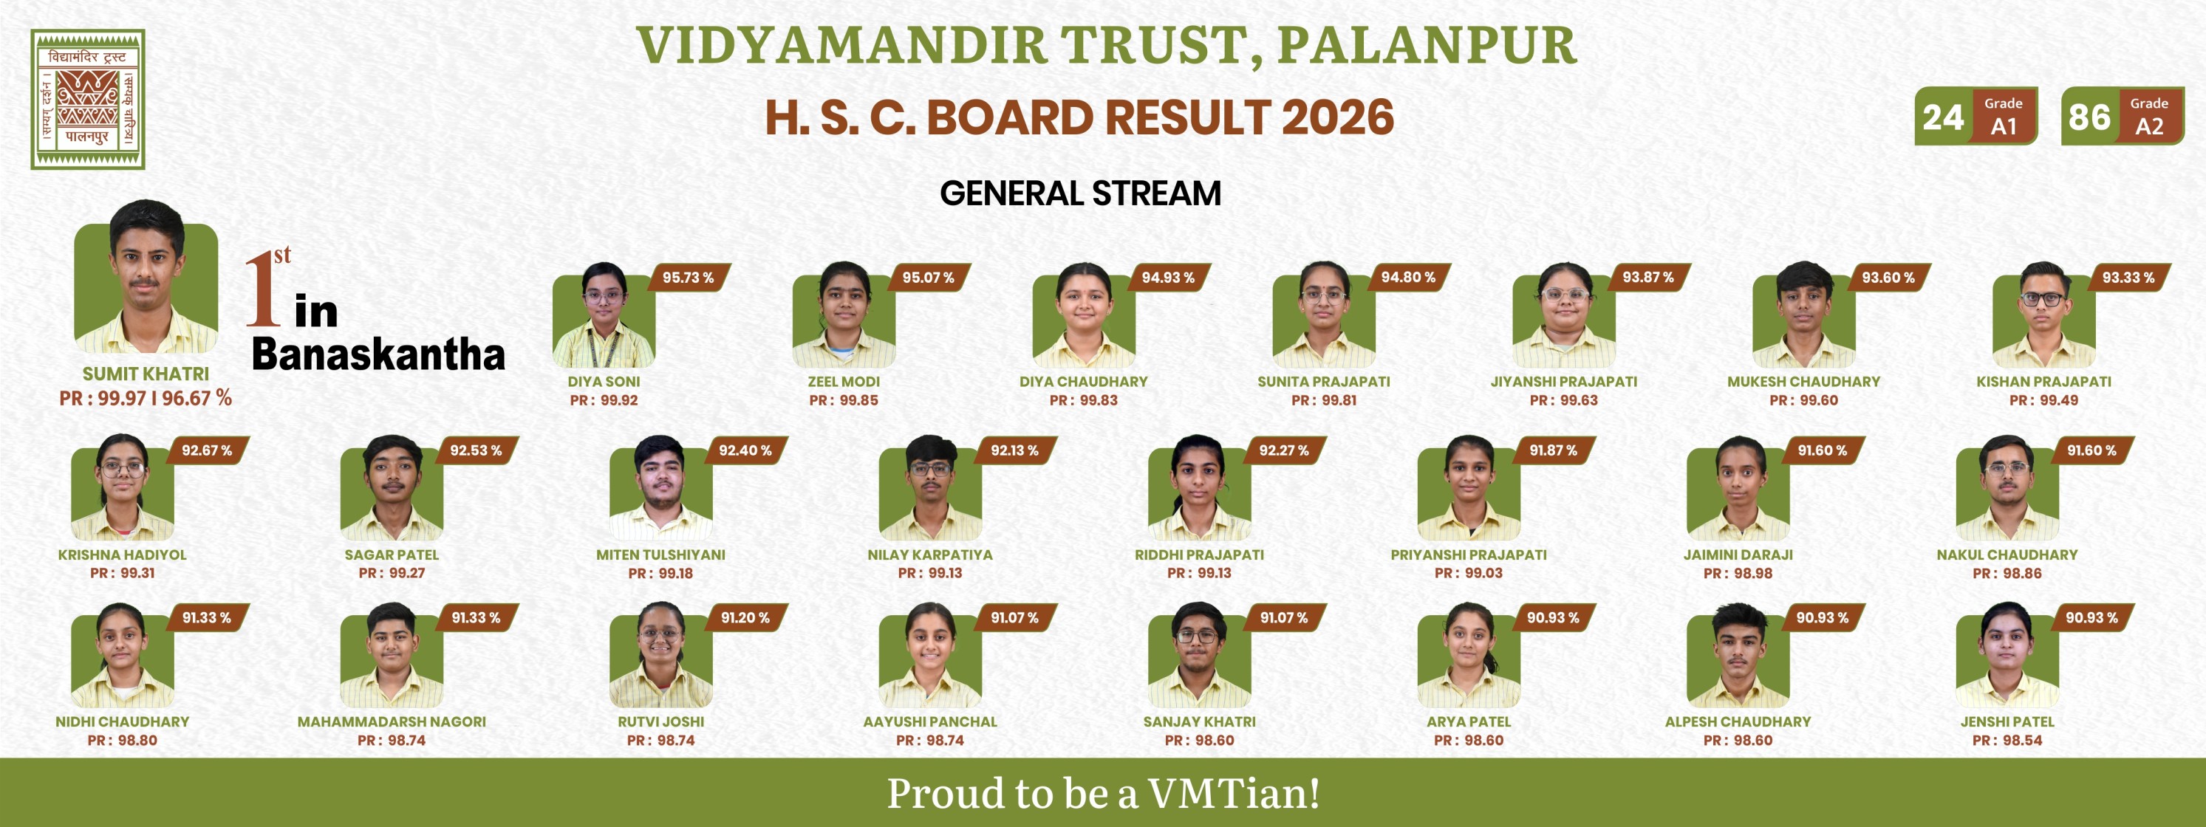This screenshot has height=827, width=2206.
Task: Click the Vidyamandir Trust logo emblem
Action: click(x=88, y=99)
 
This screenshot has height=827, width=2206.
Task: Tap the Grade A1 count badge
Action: click(x=1976, y=117)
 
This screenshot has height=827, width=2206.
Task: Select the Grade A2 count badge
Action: click(x=2122, y=117)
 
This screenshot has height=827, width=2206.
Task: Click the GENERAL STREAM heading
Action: click(x=1080, y=193)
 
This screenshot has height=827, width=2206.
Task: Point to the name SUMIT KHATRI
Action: click(x=146, y=374)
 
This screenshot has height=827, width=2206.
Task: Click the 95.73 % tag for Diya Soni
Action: click(x=688, y=278)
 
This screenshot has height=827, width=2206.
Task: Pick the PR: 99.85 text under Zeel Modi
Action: click(x=844, y=399)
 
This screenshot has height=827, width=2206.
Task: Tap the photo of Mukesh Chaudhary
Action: click(x=1803, y=315)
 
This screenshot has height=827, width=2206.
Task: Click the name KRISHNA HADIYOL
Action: click(x=123, y=555)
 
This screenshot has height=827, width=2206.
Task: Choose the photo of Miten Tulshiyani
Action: click(x=660, y=488)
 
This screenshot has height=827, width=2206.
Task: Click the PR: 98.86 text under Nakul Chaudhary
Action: click(x=2007, y=573)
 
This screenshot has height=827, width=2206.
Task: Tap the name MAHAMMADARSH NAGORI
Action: click(x=392, y=721)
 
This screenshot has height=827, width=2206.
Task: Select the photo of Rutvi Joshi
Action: click(x=660, y=655)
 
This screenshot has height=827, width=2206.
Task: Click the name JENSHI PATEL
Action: click(x=2007, y=721)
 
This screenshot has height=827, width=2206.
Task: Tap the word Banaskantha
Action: click(x=378, y=354)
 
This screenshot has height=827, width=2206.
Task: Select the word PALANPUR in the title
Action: click(x=1427, y=44)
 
